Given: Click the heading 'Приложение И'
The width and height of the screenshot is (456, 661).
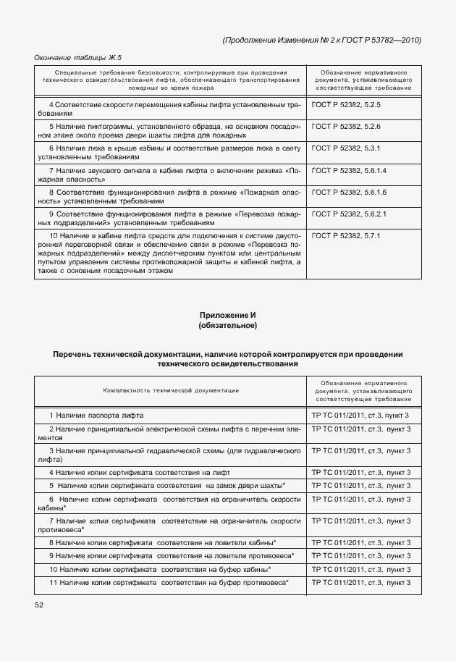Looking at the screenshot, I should [227, 315].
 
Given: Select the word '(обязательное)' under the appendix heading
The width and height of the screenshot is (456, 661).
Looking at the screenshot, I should [227, 326].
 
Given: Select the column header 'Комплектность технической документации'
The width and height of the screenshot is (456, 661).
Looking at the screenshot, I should [171, 391].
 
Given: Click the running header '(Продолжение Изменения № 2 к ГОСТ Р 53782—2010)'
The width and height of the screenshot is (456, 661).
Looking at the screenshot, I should [321, 40].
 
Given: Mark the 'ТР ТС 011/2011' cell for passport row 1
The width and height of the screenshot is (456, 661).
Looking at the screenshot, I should [360, 416].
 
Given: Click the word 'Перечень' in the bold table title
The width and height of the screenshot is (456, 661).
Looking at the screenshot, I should [73, 354].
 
